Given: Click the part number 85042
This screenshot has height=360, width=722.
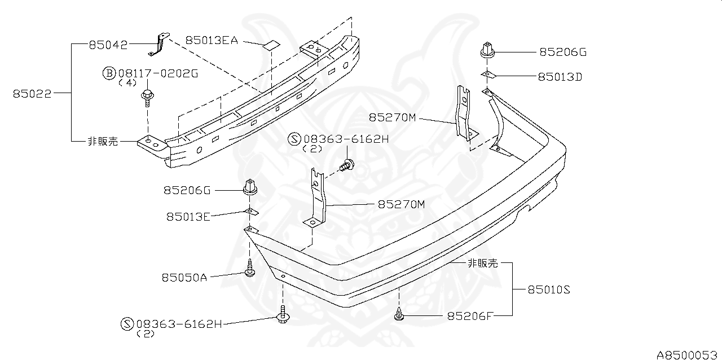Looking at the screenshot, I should click(108, 44).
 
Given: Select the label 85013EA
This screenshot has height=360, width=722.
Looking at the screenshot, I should click(212, 40).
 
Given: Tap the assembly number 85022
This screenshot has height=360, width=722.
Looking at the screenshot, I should click(32, 94).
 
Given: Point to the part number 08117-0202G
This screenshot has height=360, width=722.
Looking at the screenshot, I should click(158, 73).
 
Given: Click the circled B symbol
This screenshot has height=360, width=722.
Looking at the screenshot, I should click(109, 73).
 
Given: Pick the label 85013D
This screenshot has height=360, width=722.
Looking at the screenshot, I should click(560, 76).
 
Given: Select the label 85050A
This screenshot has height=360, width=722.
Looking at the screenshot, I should click(184, 277).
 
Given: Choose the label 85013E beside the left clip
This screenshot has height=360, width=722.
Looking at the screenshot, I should click(188, 216).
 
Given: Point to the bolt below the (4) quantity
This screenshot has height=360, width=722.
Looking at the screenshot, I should click(148, 96).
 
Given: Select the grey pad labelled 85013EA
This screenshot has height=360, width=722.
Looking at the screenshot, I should click(272, 44).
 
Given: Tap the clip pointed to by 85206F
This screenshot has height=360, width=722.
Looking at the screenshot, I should click(399, 314).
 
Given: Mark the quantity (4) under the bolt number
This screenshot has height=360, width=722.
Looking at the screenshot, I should click(129, 82).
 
